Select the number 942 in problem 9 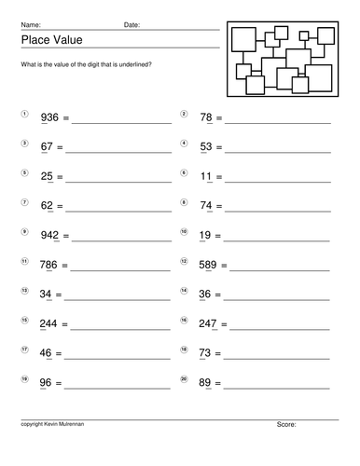tap(49, 236)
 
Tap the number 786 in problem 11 tap(49, 265)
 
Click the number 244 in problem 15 tap(49, 324)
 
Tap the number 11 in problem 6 tap(206, 176)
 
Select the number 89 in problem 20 tap(206, 383)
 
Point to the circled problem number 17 tap(24, 349)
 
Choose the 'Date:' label tap(132, 24)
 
